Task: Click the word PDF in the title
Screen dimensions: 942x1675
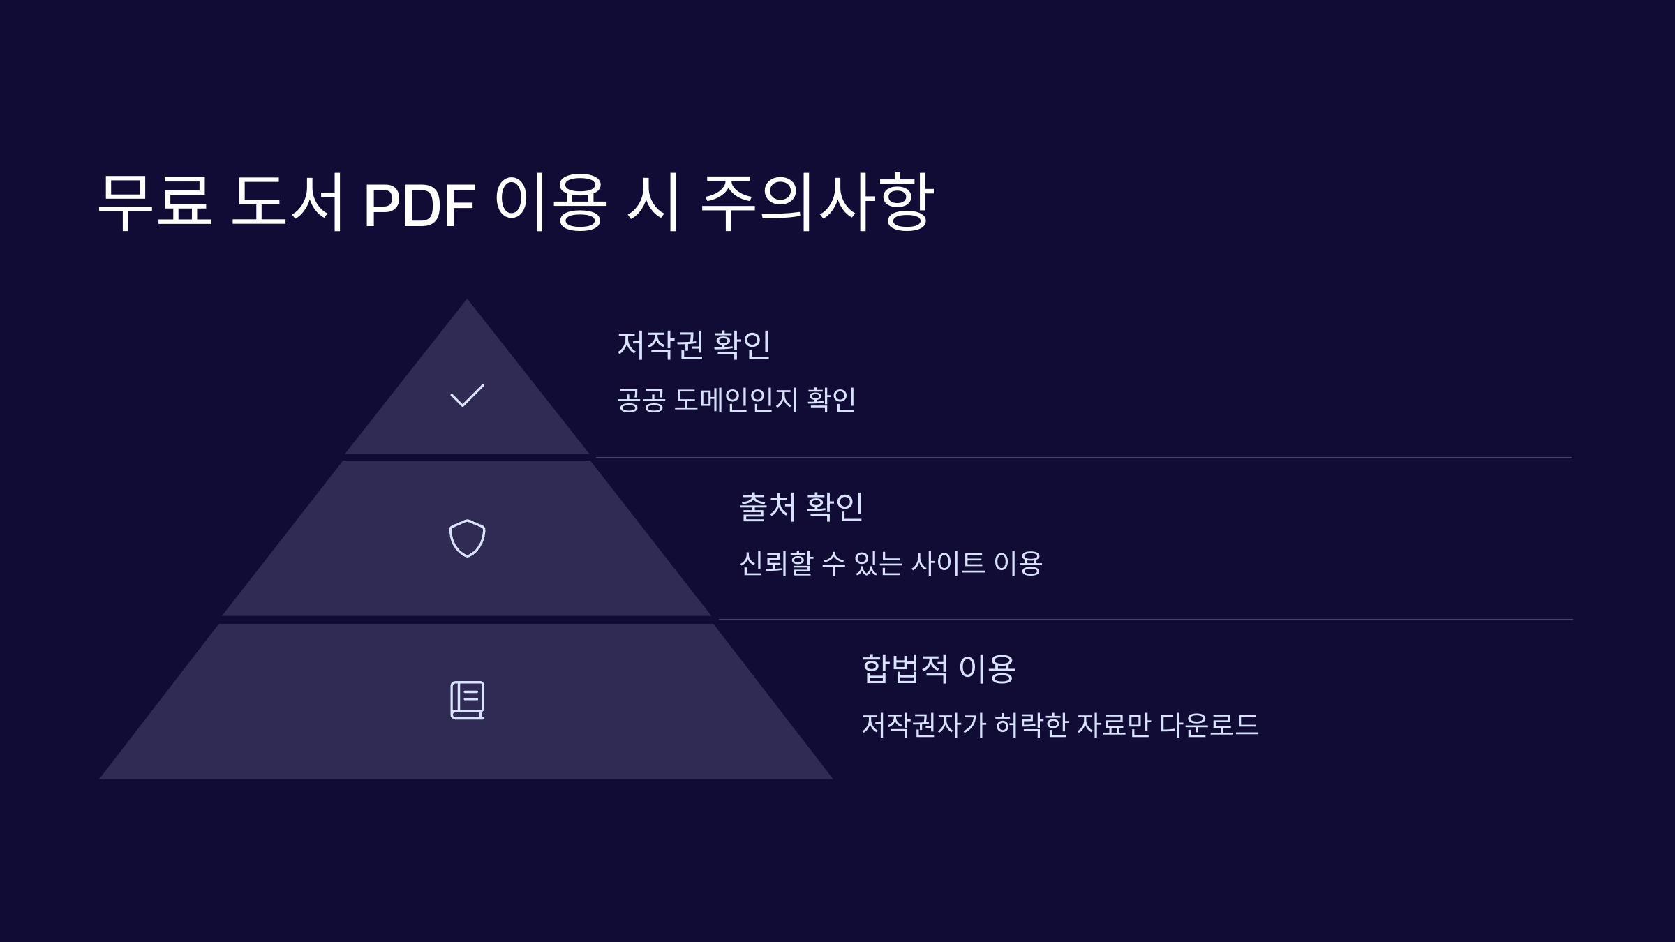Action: click(x=419, y=205)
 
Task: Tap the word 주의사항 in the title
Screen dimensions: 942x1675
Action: click(x=817, y=202)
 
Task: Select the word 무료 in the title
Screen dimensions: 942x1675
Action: click(x=155, y=202)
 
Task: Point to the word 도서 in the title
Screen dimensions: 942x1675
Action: click(x=287, y=202)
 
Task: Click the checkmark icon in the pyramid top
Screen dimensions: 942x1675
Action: click(x=467, y=396)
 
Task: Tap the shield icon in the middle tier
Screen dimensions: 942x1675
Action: click(x=467, y=538)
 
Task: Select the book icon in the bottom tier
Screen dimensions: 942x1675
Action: click(x=467, y=700)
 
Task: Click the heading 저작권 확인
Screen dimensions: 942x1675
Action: click(x=694, y=345)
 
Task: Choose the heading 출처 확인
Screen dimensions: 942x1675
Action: click(x=801, y=507)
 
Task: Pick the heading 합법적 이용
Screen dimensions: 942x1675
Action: click(x=939, y=668)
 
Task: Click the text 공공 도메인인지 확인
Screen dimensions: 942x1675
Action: click(x=736, y=400)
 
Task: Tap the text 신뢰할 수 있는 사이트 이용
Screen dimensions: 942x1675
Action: click(x=891, y=562)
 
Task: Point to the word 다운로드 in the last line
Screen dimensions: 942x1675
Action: click(x=1209, y=725)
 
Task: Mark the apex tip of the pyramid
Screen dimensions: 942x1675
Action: click(x=467, y=301)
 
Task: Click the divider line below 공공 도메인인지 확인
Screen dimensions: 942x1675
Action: click(x=1082, y=458)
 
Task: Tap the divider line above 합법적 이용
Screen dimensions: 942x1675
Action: click(x=1145, y=620)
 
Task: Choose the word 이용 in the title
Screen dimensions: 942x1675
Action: click(x=551, y=202)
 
